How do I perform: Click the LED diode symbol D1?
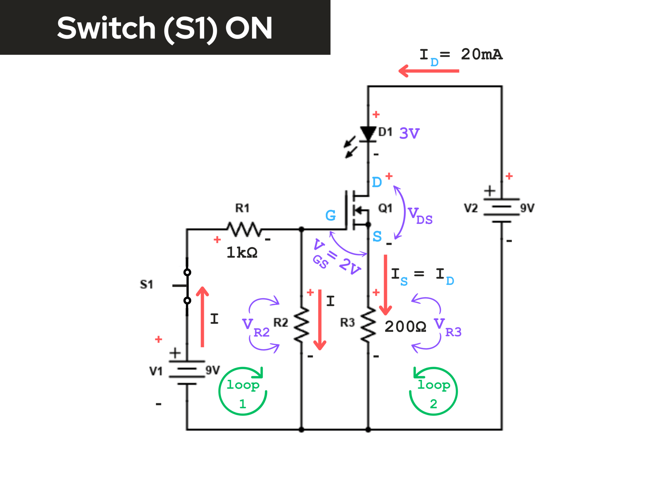pyautogui.click(x=368, y=134)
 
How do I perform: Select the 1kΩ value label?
pyautogui.click(x=242, y=252)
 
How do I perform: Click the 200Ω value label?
pyautogui.click(x=405, y=326)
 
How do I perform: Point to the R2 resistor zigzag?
pyautogui.click(x=301, y=325)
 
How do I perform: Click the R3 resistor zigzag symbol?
pyautogui.click(x=368, y=325)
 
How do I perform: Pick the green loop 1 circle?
pyautogui.click(x=243, y=391)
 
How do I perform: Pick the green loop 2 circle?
pyautogui.click(x=433, y=391)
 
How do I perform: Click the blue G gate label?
pyautogui.click(x=330, y=215)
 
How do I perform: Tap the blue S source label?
pyautogui.click(x=377, y=236)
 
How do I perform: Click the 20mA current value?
pyautogui.click(x=482, y=54)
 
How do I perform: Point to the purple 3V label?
pyautogui.click(x=409, y=133)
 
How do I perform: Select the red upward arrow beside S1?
pyautogui.click(x=202, y=316)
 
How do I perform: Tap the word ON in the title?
pyautogui.click(x=249, y=28)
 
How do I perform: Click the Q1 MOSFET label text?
pyautogui.click(x=385, y=208)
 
